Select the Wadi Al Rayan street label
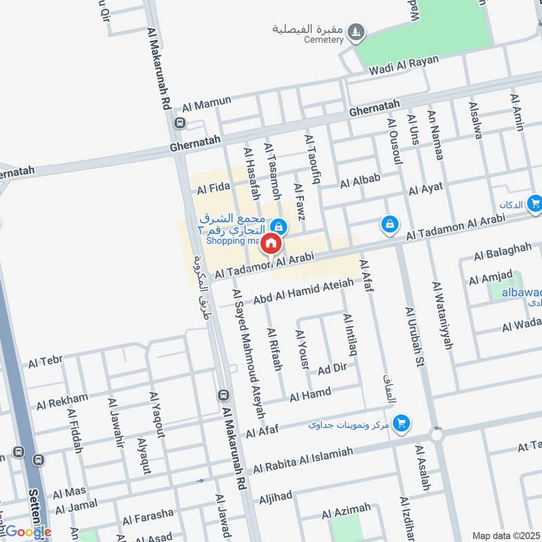click(404, 64)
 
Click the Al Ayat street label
click(425, 190)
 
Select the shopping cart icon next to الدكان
click(535, 202)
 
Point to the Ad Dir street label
click(332, 369)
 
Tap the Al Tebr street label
click(45, 363)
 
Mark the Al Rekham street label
click(62, 402)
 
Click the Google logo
click(28, 532)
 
